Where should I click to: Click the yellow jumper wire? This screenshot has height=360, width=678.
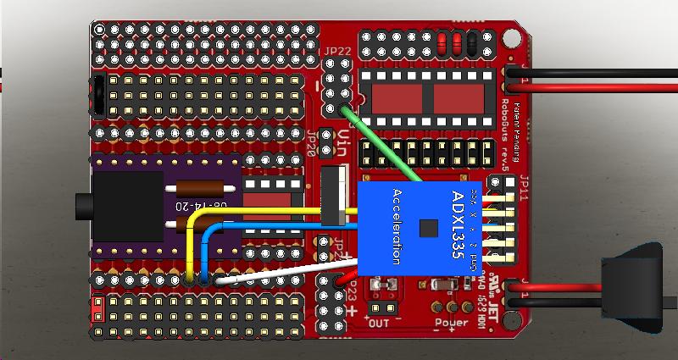pyautogui.click(x=254, y=210)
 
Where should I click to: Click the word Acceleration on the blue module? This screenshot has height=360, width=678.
pyautogui.click(x=395, y=228)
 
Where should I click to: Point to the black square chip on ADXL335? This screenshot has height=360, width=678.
pyautogui.click(x=432, y=227)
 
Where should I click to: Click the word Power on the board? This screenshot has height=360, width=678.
pyautogui.click(x=452, y=322)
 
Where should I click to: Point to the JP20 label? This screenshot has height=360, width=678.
pyautogui.click(x=312, y=141)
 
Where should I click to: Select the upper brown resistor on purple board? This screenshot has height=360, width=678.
pyautogui.click(x=203, y=190)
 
